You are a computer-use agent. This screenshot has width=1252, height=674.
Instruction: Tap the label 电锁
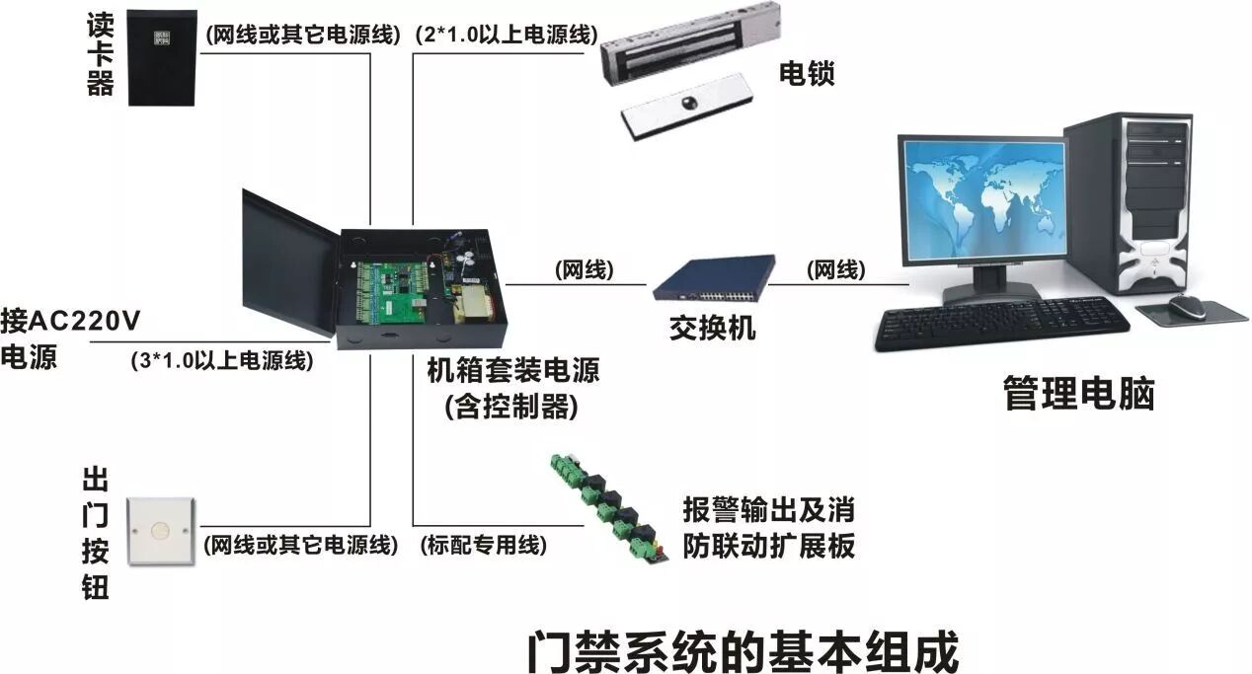[x=807, y=73]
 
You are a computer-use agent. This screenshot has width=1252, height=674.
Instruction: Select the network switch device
[x=714, y=277]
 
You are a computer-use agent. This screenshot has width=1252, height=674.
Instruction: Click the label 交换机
[x=712, y=327]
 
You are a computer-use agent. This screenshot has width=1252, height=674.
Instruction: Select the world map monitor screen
[x=982, y=200]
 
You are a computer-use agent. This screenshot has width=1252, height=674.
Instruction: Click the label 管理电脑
[x=1078, y=393]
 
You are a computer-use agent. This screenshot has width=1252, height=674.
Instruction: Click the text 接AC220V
[x=71, y=321]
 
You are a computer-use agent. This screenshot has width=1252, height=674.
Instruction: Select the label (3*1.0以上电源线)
[x=221, y=361]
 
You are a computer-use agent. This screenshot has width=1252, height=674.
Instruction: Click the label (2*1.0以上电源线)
[x=506, y=36]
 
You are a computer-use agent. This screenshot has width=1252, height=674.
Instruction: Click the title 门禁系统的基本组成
[x=742, y=650]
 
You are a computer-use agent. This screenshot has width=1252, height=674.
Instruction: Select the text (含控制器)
[x=511, y=406]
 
